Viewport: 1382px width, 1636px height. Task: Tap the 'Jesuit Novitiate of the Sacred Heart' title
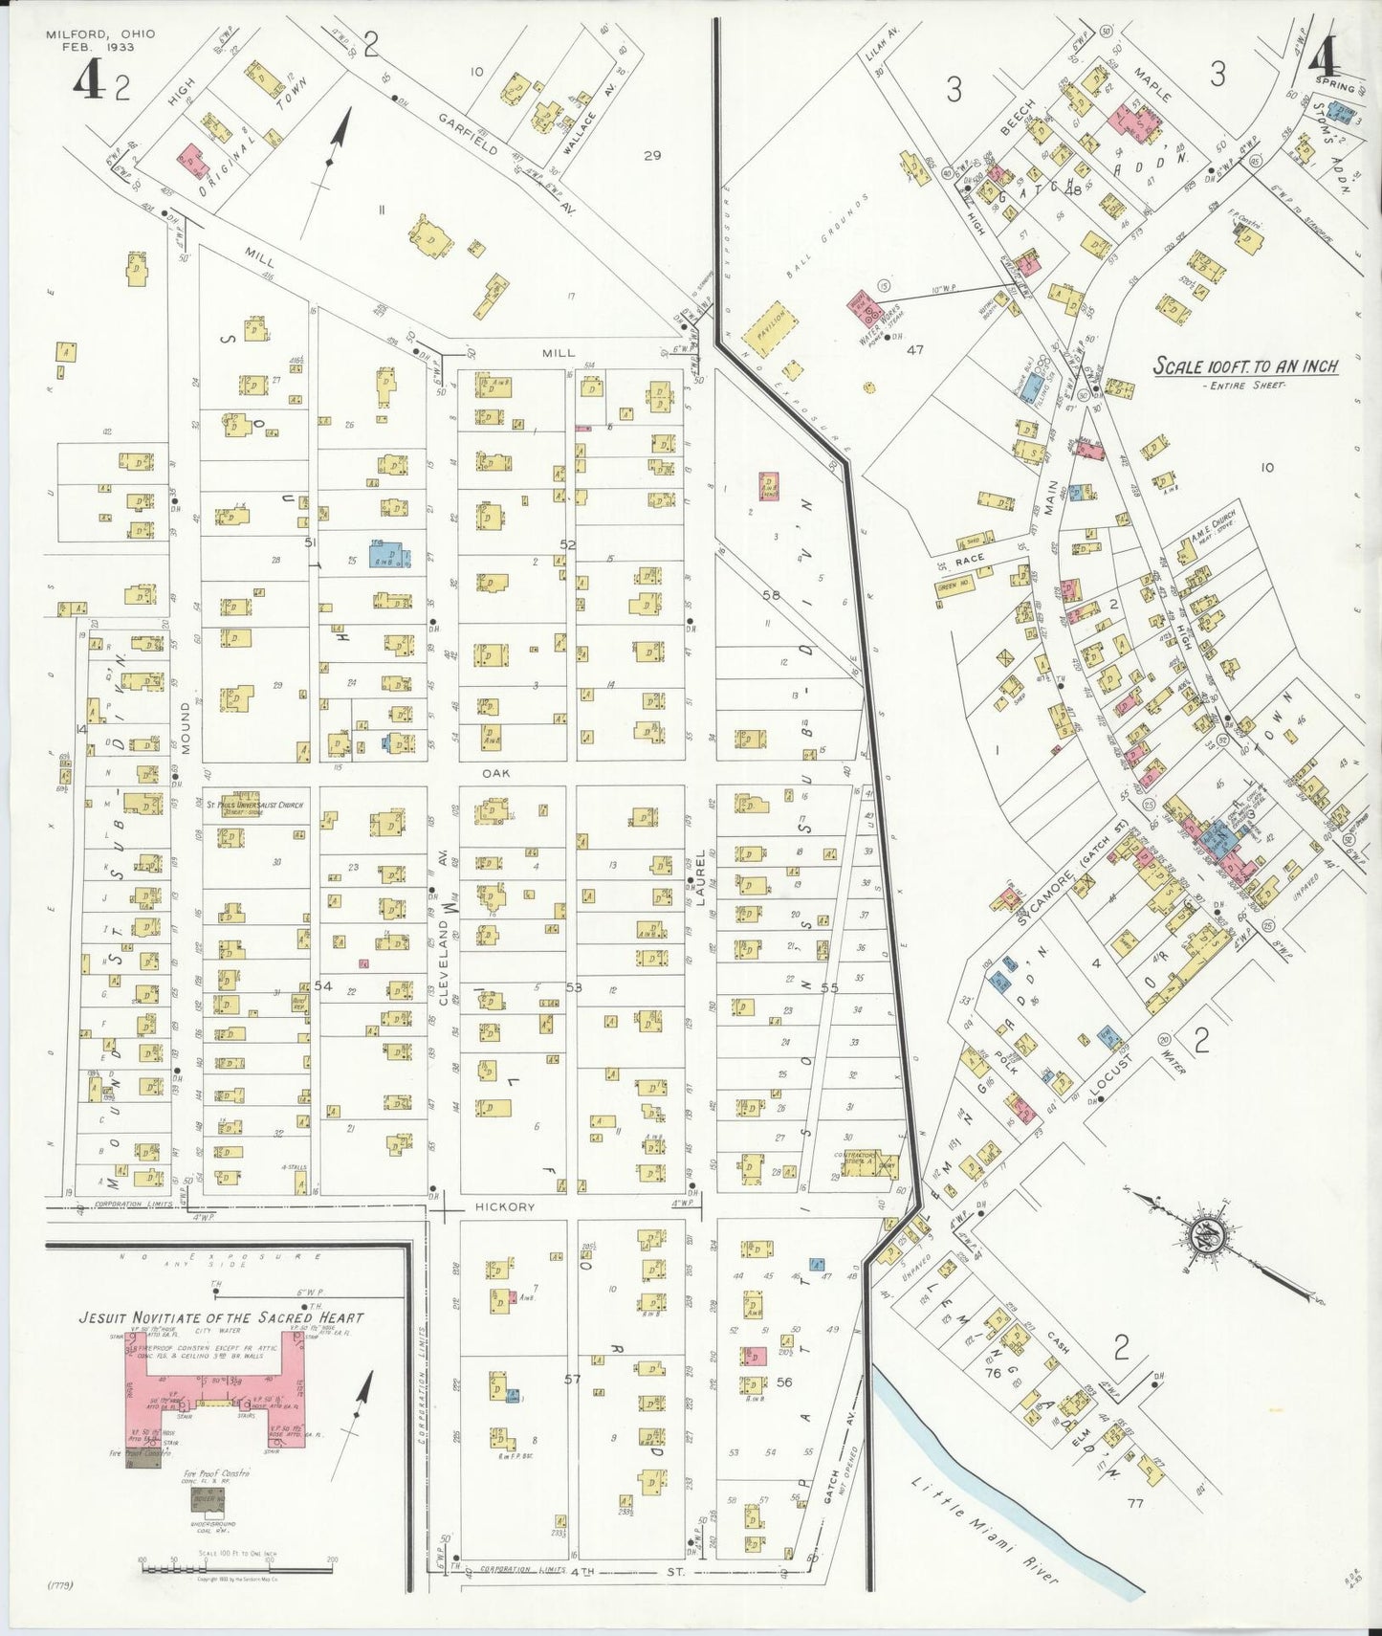click(221, 1317)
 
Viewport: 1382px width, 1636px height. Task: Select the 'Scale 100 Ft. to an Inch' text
click(1244, 366)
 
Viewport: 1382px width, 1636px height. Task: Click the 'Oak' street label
click(497, 773)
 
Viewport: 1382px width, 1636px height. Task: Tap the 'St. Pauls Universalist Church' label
click(254, 806)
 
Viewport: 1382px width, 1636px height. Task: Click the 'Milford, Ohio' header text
click(100, 34)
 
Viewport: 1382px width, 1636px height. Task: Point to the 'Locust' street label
click(1111, 1075)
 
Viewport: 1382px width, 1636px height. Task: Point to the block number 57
click(572, 1380)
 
